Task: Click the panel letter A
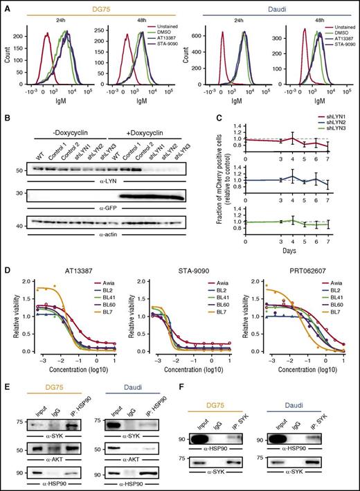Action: [x=6, y=6]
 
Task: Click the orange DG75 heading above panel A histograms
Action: [x=93, y=6]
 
